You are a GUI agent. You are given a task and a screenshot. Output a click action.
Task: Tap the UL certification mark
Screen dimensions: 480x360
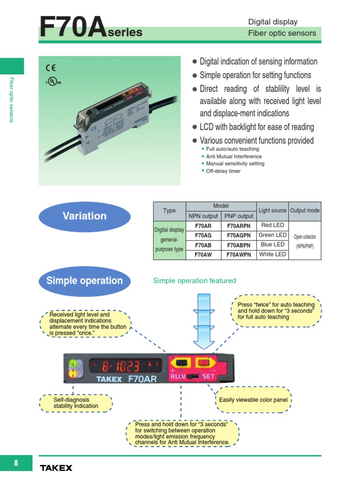tap(53, 81)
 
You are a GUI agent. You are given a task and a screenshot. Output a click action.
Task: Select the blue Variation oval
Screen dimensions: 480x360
tap(84, 216)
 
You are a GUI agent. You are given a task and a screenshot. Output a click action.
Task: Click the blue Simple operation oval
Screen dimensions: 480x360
tap(84, 281)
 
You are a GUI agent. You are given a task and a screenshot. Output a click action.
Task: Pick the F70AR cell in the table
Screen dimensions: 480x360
tap(203, 226)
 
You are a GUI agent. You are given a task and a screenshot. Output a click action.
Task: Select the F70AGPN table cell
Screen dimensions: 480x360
tap(239, 236)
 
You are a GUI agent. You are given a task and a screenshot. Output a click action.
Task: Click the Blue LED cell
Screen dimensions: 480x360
tap(272, 245)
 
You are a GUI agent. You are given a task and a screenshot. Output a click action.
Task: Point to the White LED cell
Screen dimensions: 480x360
tap(272, 255)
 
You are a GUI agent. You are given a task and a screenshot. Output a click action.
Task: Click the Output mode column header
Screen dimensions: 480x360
tap(305, 211)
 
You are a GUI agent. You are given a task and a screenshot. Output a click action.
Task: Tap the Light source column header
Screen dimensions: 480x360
tap(272, 211)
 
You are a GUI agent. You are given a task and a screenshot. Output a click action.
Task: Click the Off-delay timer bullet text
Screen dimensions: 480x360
tap(223, 172)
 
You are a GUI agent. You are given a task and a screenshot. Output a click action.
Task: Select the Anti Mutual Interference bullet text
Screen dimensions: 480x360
tap(233, 157)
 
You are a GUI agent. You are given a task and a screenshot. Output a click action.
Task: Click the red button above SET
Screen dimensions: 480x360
tap(203, 362)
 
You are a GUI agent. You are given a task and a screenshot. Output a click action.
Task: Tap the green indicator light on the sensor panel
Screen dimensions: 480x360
tap(73, 364)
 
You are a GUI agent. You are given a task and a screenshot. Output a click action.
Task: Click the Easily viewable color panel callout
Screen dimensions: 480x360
tap(253, 400)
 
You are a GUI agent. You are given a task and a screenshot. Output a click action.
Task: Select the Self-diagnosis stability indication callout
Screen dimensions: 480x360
tap(76, 403)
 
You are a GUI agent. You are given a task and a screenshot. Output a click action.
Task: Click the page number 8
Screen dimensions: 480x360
tap(16, 463)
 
